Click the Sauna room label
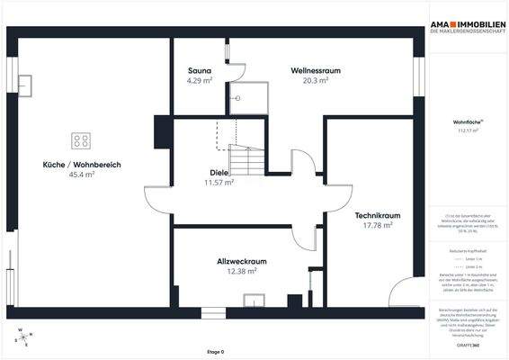pos(200,70)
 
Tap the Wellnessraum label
pos(315,70)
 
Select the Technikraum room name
pos(377,215)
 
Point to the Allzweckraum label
pos(242,261)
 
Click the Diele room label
pos(219,172)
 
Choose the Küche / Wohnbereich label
pos(82,165)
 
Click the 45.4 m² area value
pos(82,175)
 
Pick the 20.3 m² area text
pos(316,80)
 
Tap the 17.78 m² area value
pos(377,225)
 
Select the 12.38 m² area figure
pos(242,271)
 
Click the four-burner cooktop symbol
pos(81,140)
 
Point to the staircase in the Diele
pos(246,159)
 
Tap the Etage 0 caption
pos(215,351)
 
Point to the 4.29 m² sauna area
pos(200,80)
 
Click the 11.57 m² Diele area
pos(219,182)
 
